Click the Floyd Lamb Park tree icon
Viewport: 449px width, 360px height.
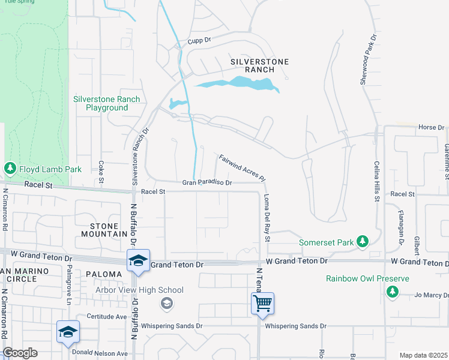pos(10,169)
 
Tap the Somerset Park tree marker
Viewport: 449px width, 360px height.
pos(362,242)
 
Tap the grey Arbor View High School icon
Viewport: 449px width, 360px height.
pos(166,304)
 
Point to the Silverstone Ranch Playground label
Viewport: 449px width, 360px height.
pos(107,103)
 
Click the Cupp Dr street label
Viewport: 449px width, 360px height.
pos(199,41)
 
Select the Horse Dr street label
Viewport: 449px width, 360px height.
pos(430,127)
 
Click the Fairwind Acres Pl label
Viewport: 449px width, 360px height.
pos(242,168)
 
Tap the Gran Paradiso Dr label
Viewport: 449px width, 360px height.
pos(207,182)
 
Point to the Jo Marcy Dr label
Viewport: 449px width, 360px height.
pos(432,295)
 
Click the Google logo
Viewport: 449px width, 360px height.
pos(20,353)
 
